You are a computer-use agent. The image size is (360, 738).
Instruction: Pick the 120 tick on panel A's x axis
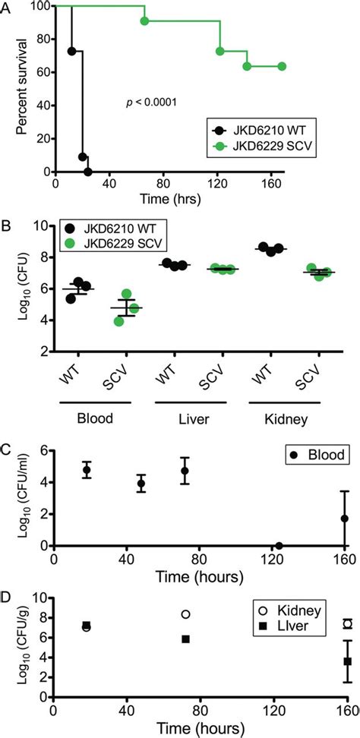[219, 184]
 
